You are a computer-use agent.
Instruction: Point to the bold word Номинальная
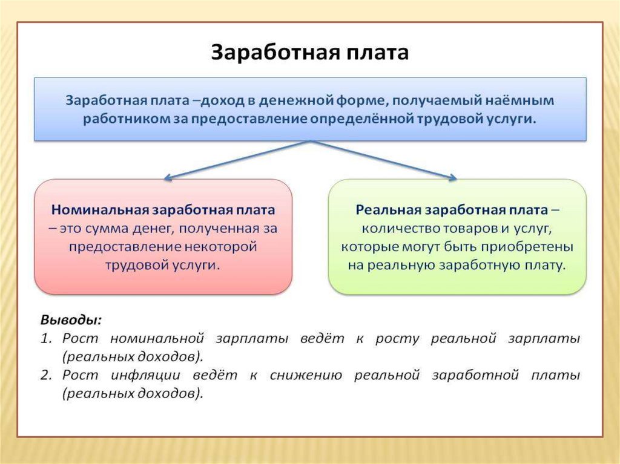pos(100,210)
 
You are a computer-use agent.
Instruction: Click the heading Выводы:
pos(71,319)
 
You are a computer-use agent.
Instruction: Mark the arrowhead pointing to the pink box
pos(168,178)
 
